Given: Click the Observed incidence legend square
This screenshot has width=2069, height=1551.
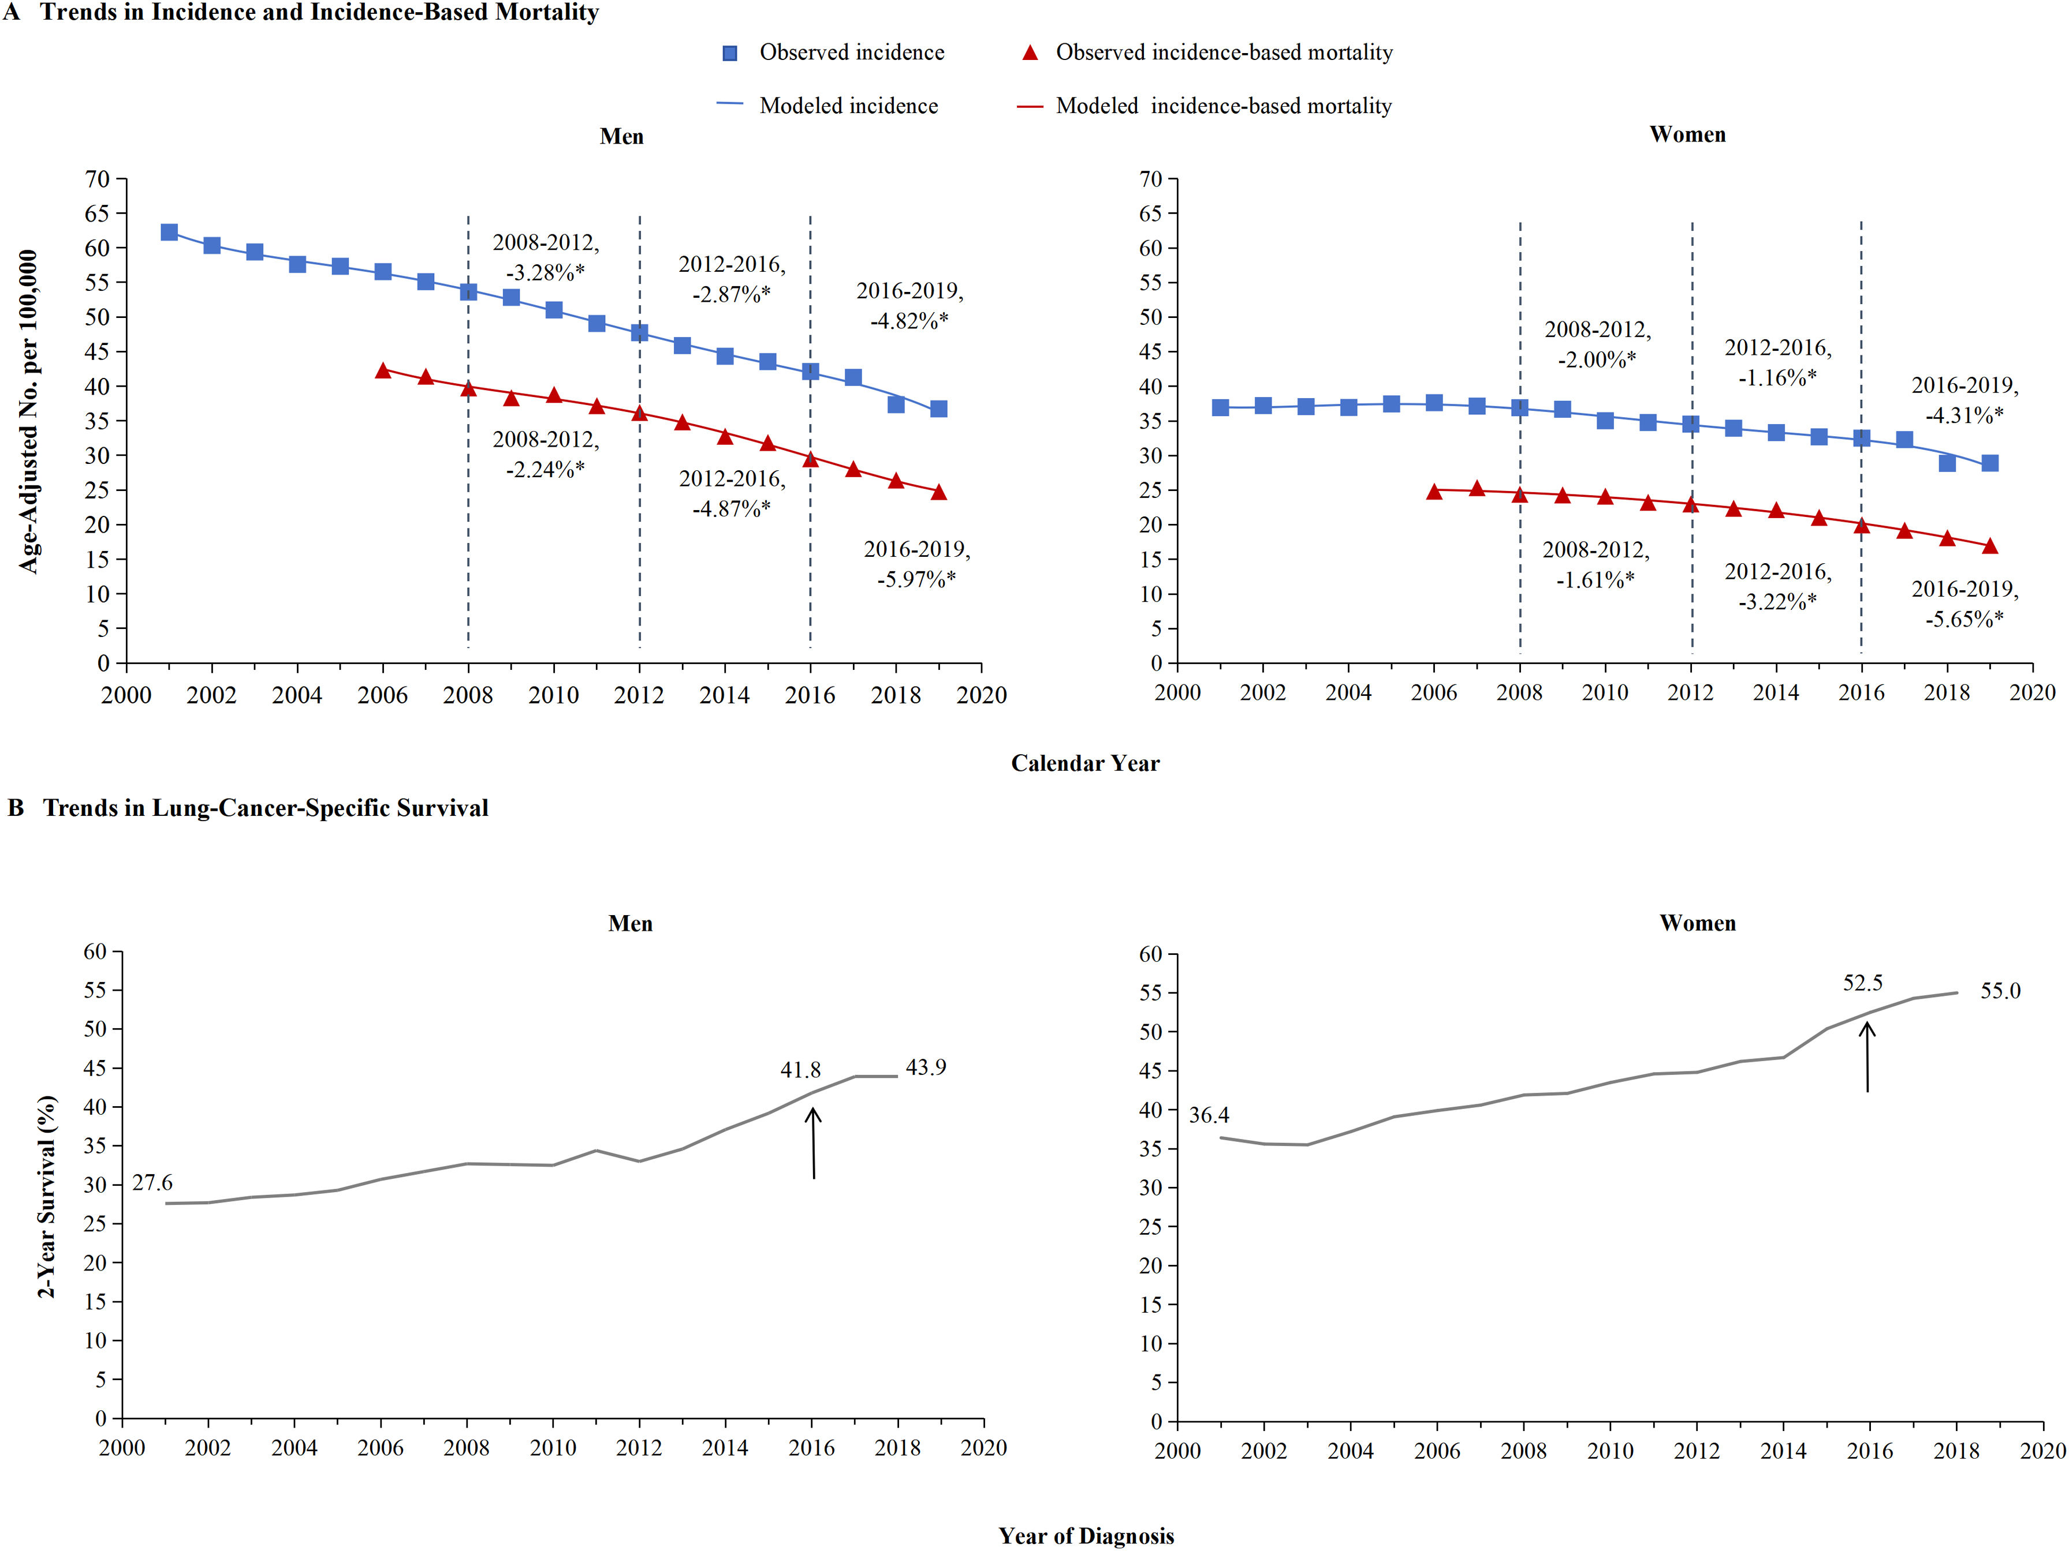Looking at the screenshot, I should (x=729, y=53).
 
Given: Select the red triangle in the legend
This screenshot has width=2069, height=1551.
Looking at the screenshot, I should (x=1030, y=53).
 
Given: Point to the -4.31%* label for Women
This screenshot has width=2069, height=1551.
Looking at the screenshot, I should (x=1964, y=415).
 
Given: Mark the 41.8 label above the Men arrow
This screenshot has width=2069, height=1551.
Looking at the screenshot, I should (x=801, y=1070).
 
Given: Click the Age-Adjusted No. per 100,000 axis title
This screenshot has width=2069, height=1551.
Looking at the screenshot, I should (x=29, y=411).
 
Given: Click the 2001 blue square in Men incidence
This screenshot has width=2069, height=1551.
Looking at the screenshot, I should (x=169, y=232).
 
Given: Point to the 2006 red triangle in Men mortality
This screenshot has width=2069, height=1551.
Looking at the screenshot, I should (x=382, y=371).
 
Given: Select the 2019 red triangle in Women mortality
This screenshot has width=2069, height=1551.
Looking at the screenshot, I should (x=1989, y=546).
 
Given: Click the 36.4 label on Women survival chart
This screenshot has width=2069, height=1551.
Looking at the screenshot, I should (x=1209, y=1115).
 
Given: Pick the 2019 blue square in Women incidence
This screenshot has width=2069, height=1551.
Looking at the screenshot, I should (x=1989, y=463).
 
